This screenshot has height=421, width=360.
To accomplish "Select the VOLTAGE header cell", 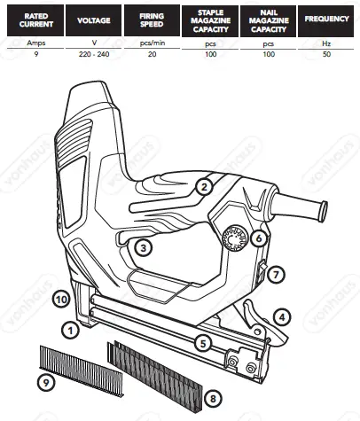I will [95, 19].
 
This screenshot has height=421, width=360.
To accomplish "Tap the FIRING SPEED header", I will [152, 17].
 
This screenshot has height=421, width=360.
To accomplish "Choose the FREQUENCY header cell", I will [325, 18].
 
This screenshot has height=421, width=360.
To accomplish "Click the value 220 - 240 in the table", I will [95, 53].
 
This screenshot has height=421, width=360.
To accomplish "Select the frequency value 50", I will [325, 53].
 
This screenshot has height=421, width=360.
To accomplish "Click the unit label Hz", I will [325, 42].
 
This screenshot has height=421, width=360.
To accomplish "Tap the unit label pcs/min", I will [152, 42].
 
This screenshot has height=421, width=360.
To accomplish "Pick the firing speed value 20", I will [152, 53].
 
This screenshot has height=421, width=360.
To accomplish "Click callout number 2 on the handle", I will [203, 186].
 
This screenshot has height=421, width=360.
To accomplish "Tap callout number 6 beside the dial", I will [258, 238].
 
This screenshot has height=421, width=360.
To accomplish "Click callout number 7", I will [277, 275].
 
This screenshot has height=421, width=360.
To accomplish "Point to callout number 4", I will [281, 316].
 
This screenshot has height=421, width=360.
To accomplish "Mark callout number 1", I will [67, 329].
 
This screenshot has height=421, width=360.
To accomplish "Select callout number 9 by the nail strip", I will [47, 382].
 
